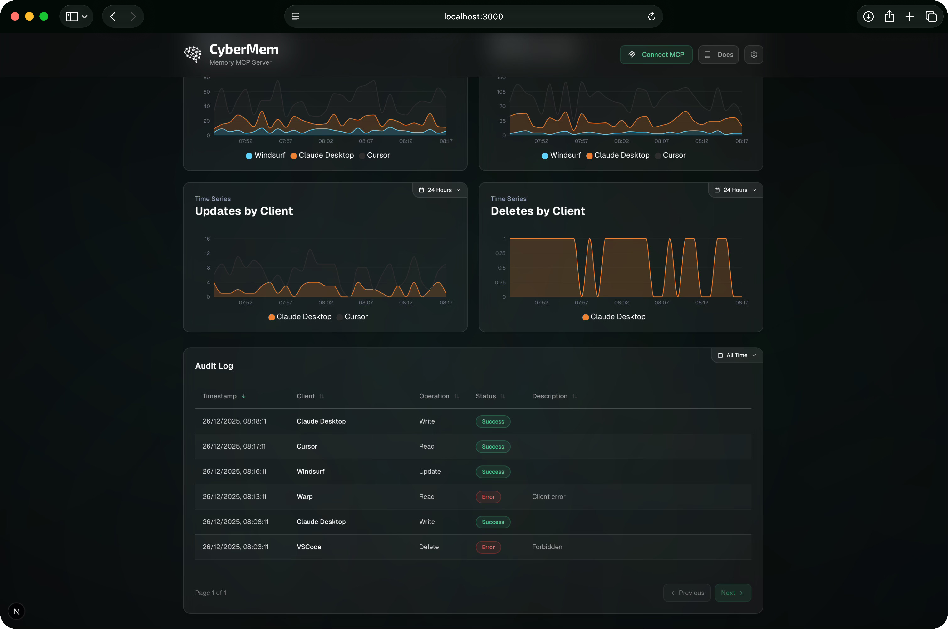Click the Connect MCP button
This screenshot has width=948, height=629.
pos(656,55)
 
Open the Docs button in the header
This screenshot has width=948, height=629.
pos(718,55)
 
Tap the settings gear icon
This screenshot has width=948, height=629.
pos(754,55)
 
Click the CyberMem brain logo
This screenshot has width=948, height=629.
pos(193,54)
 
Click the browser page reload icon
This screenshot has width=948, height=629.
pos(651,16)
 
